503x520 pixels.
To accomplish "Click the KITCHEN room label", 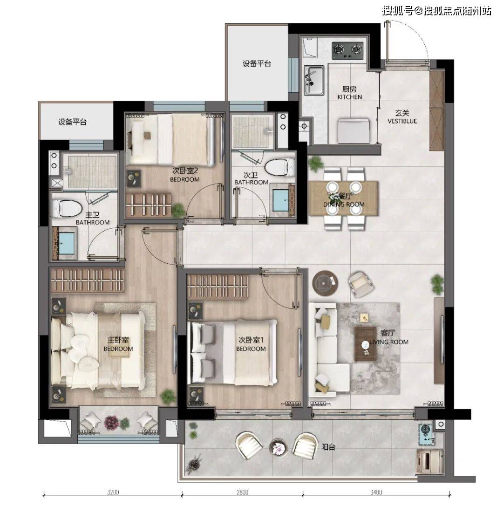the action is point(349,97).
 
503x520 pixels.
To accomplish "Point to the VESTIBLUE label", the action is point(402,121).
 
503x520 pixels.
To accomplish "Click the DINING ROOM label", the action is point(344,204).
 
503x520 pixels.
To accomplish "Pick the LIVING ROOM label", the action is point(389,342).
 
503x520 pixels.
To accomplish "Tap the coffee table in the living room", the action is point(366,344).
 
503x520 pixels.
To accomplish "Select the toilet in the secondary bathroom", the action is point(280,167).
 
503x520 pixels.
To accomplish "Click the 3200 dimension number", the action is point(113,493).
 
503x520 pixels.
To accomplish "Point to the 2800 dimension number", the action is point(242,493).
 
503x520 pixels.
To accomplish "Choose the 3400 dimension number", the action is point(376,493).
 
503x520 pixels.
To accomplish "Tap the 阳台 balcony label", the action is point(328,447).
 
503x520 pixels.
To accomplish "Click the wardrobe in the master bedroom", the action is point(88,281).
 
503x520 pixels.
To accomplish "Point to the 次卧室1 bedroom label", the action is point(251,340).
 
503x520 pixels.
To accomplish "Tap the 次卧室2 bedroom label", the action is point(185,171).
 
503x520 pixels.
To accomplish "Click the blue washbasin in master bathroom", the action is point(66,243).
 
